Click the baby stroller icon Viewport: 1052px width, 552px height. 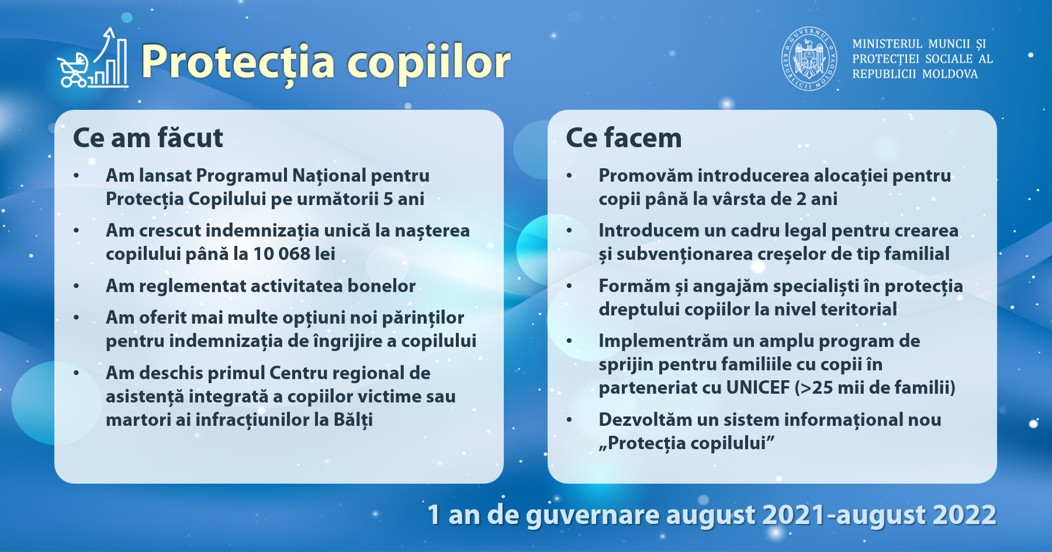[x=72, y=70]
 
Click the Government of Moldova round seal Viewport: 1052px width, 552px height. [x=809, y=58]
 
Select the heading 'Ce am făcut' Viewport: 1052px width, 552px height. [x=148, y=138]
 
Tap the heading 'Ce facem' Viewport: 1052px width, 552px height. [x=624, y=138]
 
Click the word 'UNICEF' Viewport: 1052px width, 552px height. [x=757, y=387]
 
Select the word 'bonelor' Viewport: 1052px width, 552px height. [x=381, y=286]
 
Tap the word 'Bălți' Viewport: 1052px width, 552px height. [x=353, y=420]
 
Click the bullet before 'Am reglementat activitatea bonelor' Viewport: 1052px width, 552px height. [x=77, y=286]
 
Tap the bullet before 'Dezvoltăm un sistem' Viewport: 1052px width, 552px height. [x=569, y=420]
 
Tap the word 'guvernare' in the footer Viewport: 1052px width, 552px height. [x=593, y=516]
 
